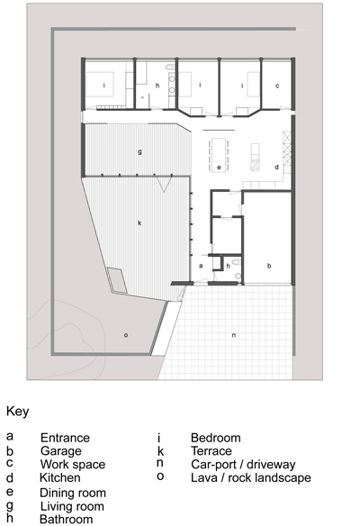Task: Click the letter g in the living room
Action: [139, 152]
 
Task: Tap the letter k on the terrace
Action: [139, 222]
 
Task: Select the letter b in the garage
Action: [269, 266]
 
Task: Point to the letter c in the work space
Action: [277, 86]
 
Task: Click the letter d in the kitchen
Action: [276, 167]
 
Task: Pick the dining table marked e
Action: [219, 155]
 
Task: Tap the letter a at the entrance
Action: [201, 266]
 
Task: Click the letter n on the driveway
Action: [234, 335]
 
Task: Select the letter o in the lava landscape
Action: [126, 335]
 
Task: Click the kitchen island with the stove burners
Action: [255, 158]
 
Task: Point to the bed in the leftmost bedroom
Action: [100, 85]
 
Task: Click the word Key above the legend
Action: [18, 412]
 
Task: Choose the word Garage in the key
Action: [61, 451]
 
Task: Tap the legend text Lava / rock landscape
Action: [251, 477]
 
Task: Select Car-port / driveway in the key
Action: [243, 465]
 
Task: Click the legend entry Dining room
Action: [73, 493]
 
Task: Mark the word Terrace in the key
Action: [211, 451]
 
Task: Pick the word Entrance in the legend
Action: [65, 438]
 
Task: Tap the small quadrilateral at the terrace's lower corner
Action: [117, 280]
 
